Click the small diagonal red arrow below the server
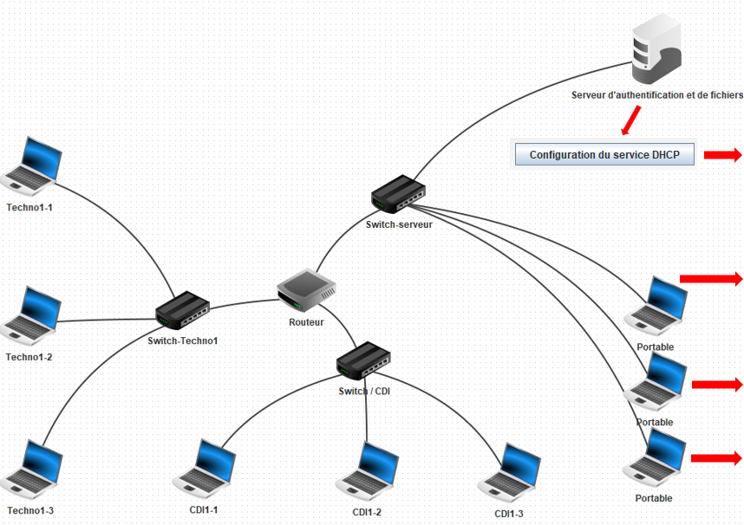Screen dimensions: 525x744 click(631, 120)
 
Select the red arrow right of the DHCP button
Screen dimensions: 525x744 click(722, 155)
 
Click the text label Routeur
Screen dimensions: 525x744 click(306, 322)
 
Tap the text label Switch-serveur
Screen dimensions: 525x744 click(399, 224)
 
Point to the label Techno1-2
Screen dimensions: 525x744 click(29, 357)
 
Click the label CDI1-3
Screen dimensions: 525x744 click(509, 514)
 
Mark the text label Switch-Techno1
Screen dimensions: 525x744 click(183, 340)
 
